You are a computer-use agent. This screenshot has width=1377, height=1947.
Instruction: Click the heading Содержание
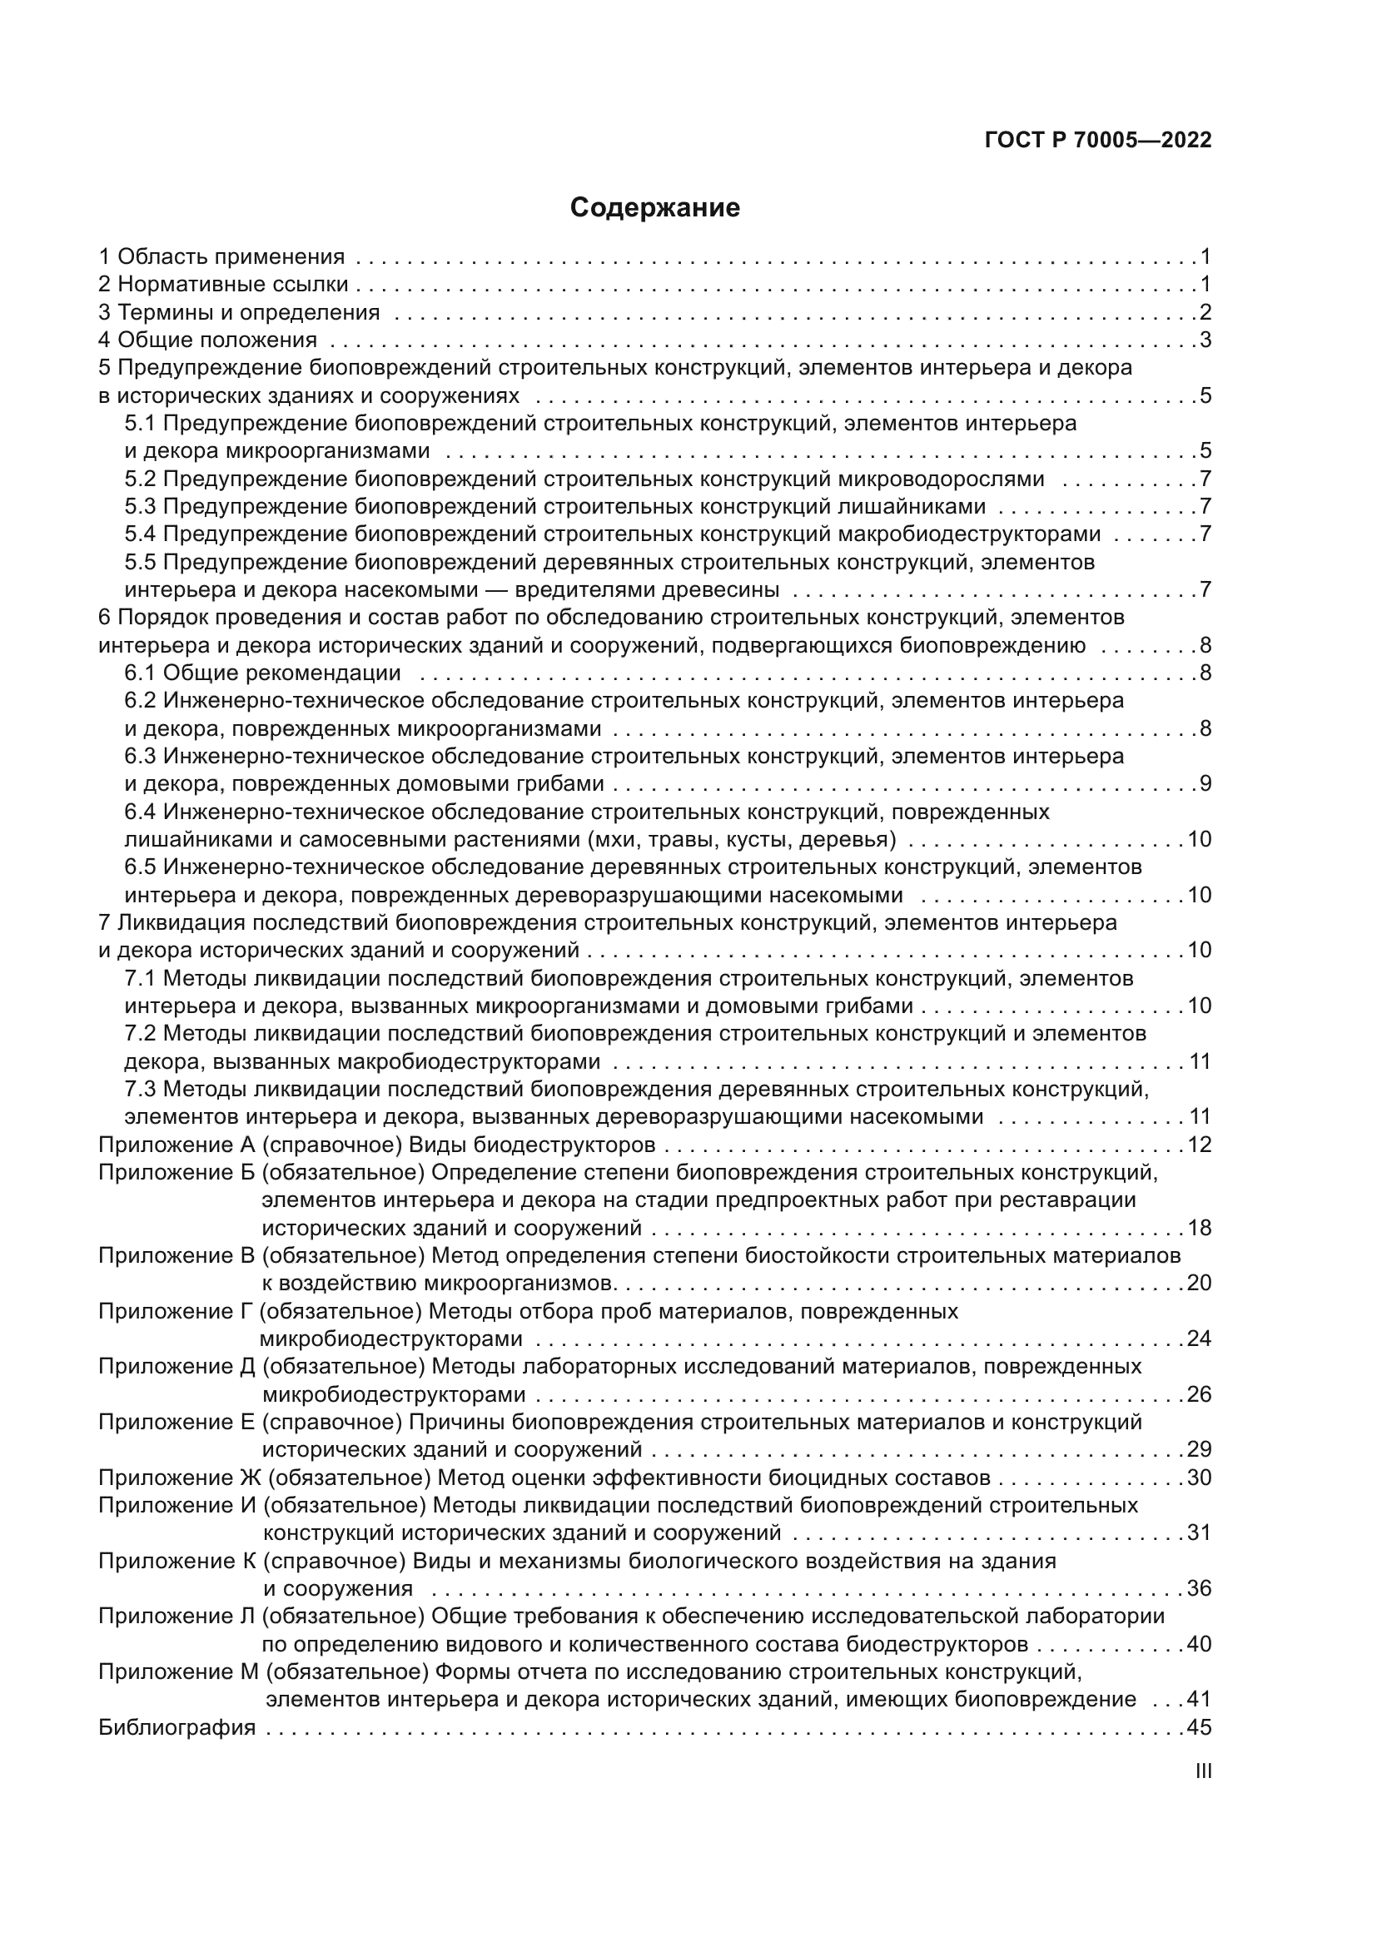tap(654, 208)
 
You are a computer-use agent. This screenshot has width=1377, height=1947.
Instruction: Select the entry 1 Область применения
tap(221, 256)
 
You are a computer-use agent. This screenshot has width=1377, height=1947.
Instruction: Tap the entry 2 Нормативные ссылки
tap(223, 284)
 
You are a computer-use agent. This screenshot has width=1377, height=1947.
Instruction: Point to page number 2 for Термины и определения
tap(1205, 312)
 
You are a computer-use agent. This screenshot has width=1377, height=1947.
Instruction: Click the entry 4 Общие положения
tap(208, 340)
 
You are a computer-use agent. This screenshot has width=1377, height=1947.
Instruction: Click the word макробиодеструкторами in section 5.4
tap(969, 534)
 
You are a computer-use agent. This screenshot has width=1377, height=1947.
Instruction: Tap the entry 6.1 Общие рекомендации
tap(262, 673)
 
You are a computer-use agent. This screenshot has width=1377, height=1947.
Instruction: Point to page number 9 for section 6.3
tap(1205, 783)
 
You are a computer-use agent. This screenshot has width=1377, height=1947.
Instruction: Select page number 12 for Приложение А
tap(1199, 1145)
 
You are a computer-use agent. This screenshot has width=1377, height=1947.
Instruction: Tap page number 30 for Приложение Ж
tap(1199, 1478)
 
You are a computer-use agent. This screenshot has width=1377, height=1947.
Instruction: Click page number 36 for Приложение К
tap(1199, 1588)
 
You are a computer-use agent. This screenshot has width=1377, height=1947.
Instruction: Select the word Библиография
tap(176, 1727)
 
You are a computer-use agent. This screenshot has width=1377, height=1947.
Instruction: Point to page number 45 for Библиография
tap(1199, 1727)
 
